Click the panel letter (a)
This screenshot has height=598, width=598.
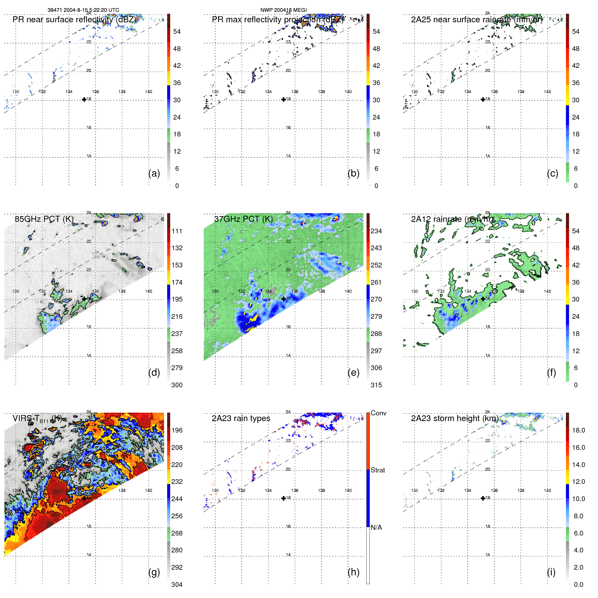pos(154,173)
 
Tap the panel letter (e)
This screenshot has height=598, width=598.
pos(353,372)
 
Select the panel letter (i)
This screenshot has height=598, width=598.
pos(551,572)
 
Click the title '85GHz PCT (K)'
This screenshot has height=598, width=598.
pos(44,219)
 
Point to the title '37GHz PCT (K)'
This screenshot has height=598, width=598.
pos(243,219)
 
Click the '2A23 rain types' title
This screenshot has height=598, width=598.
pos(241,418)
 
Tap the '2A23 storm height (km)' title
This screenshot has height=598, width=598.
pos(454,418)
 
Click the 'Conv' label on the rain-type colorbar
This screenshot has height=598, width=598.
pos(378,413)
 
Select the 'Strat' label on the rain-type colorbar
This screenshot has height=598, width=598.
pos(378,470)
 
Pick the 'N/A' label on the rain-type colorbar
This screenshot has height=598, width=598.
pos(376,527)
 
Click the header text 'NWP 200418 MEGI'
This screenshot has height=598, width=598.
pos(283,10)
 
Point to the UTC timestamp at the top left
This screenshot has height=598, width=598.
pos(83,10)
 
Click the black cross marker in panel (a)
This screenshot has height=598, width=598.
pos(84,99)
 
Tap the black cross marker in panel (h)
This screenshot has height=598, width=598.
pos(284,498)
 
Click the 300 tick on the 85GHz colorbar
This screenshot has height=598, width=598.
pos(177,385)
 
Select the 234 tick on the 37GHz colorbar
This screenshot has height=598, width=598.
pos(376,231)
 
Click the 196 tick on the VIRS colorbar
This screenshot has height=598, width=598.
pos(177,430)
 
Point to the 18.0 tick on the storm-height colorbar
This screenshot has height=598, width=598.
pos(578,430)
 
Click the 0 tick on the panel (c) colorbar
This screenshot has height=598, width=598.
pos(576,186)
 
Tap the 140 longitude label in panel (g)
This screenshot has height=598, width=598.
pos(149,490)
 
